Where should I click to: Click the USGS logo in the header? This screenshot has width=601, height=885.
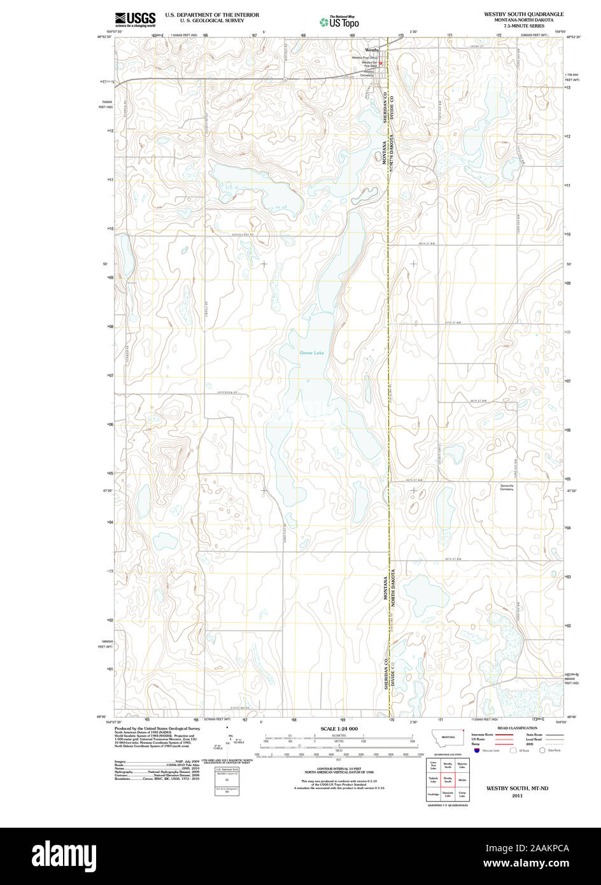(135, 18)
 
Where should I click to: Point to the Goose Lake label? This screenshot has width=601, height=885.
(312, 353)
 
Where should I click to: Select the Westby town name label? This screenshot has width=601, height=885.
(371, 49)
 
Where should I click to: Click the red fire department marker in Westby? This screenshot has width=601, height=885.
(380, 63)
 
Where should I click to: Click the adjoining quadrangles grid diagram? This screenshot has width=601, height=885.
(448, 779)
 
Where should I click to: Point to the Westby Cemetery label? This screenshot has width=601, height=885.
(369, 74)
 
